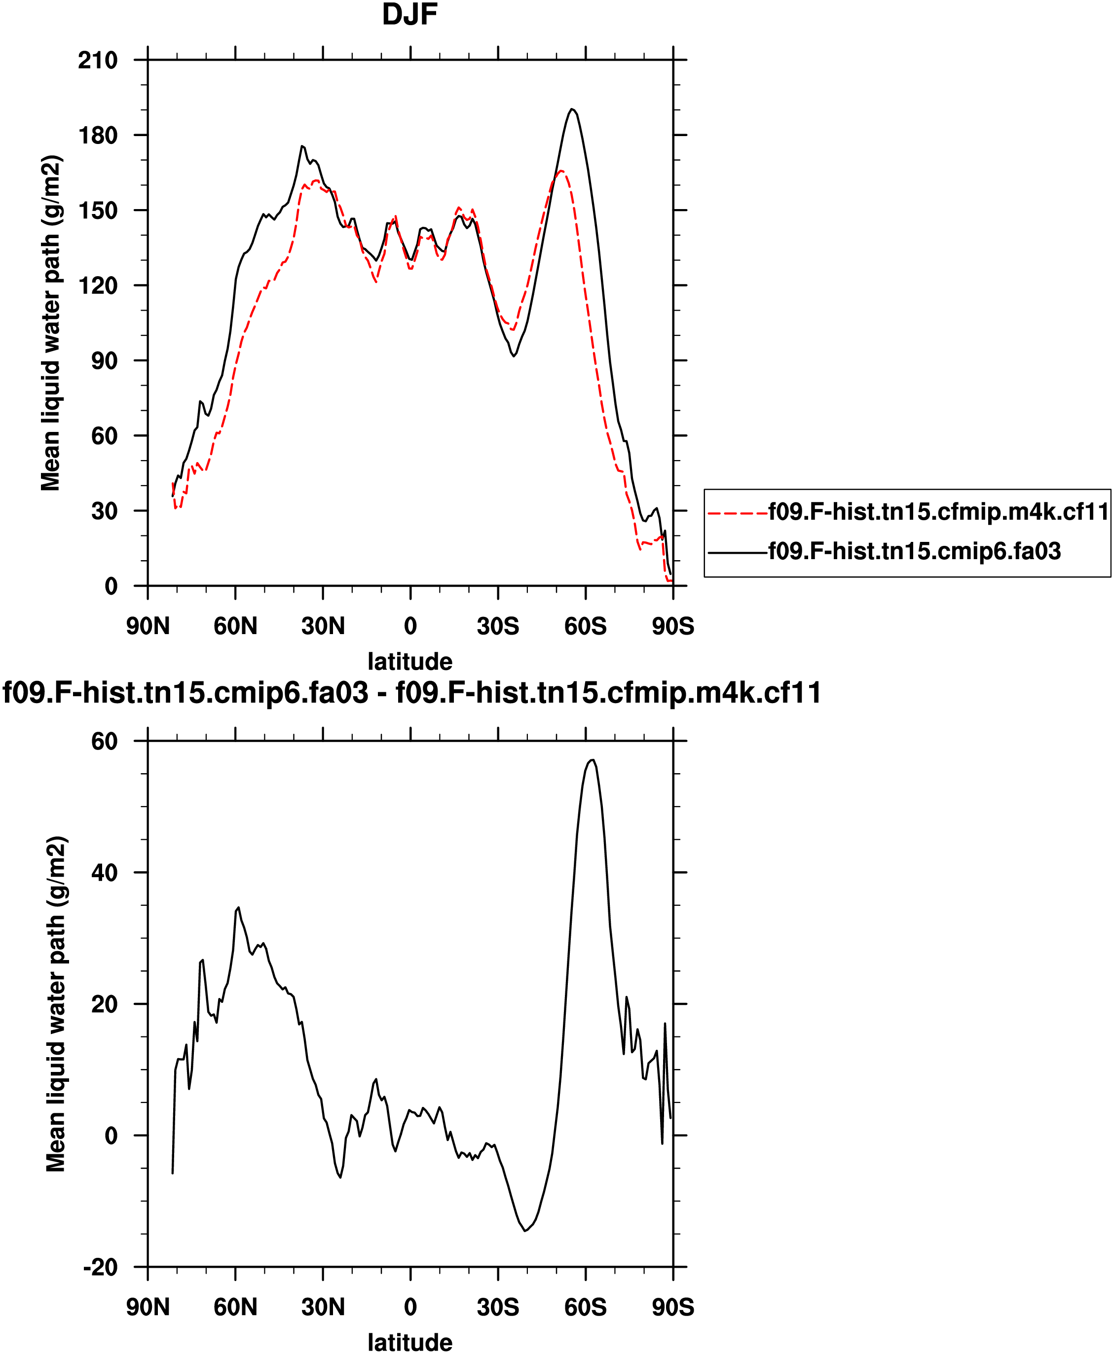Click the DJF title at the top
pyautogui.click(x=409, y=15)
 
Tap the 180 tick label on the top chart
pyautogui.click(x=98, y=135)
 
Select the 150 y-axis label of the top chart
pyautogui.click(x=98, y=211)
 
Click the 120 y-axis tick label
pyautogui.click(x=98, y=285)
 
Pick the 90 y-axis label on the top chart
pyautogui.click(x=104, y=360)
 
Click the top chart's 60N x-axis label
pyautogui.click(x=235, y=625)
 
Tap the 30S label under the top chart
pyautogui.click(x=498, y=625)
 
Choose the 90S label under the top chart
pyautogui.click(x=673, y=625)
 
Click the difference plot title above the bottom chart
pyautogui.click(x=412, y=693)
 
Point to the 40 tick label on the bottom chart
pyautogui.click(x=104, y=872)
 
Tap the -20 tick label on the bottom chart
pyautogui.click(x=100, y=1267)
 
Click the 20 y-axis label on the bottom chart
pyautogui.click(x=104, y=1004)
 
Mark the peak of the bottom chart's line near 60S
pyautogui.click(x=593, y=759)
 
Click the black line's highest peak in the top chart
pyautogui.click(x=572, y=109)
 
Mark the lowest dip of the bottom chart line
pyautogui.click(x=525, y=1231)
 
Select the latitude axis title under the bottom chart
pyautogui.click(x=409, y=1342)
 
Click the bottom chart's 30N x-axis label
pyautogui.click(x=323, y=1307)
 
